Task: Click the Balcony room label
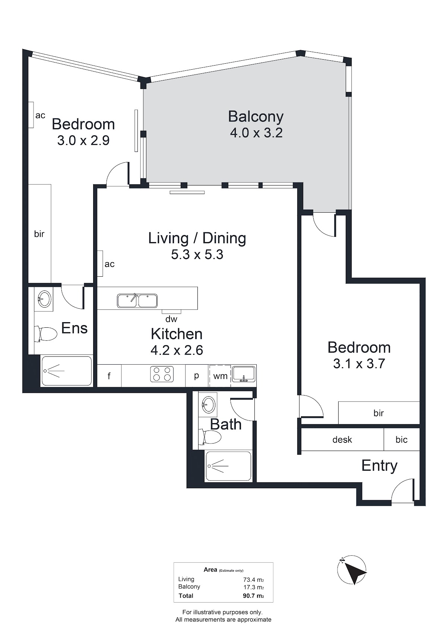click(256, 117)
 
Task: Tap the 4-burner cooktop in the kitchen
click(162, 374)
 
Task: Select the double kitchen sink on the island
click(137, 301)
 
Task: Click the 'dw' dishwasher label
click(171, 319)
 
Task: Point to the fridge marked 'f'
click(109, 375)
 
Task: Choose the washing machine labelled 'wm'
click(220, 376)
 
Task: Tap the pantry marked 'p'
click(197, 376)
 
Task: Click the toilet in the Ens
click(45, 334)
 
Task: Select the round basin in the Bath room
click(208, 405)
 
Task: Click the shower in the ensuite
click(67, 371)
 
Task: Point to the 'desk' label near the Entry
click(342, 439)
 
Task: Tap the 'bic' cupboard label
click(401, 439)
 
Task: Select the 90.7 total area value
click(250, 596)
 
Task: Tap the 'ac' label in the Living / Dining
click(110, 264)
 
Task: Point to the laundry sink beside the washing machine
click(243, 374)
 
